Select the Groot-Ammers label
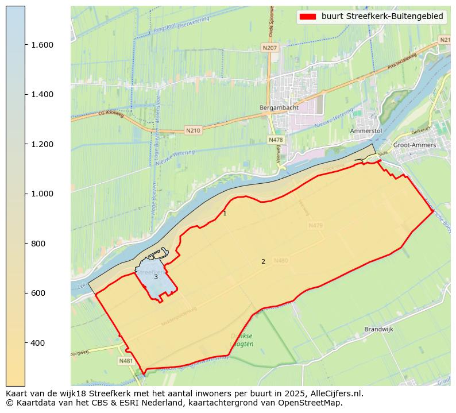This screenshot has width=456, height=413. (414, 145)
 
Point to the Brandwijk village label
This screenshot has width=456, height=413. (378, 330)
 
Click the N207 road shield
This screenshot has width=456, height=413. (270, 48)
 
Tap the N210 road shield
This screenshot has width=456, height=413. (193, 131)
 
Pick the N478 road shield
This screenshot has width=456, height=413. (276, 140)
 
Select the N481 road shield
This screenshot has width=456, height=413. (126, 361)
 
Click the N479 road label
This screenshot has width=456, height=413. (315, 226)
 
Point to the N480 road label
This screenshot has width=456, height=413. (281, 261)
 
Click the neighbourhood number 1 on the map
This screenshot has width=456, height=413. (225, 214)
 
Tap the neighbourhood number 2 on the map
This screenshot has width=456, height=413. (263, 262)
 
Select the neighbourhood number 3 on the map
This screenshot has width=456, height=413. (156, 277)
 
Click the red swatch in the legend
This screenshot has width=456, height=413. (308, 17)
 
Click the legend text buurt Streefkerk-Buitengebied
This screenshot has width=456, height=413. (382, 17)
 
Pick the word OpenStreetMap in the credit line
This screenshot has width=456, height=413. (314, 403)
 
